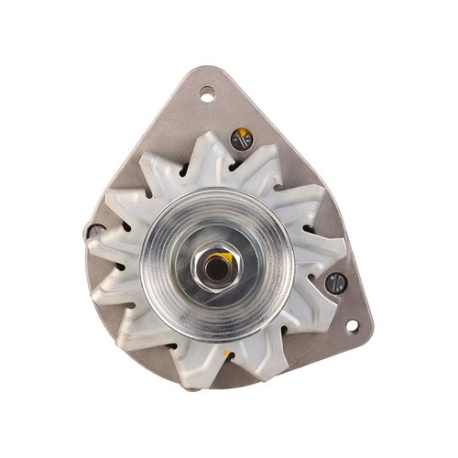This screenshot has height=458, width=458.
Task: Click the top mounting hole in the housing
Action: (207, 92)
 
